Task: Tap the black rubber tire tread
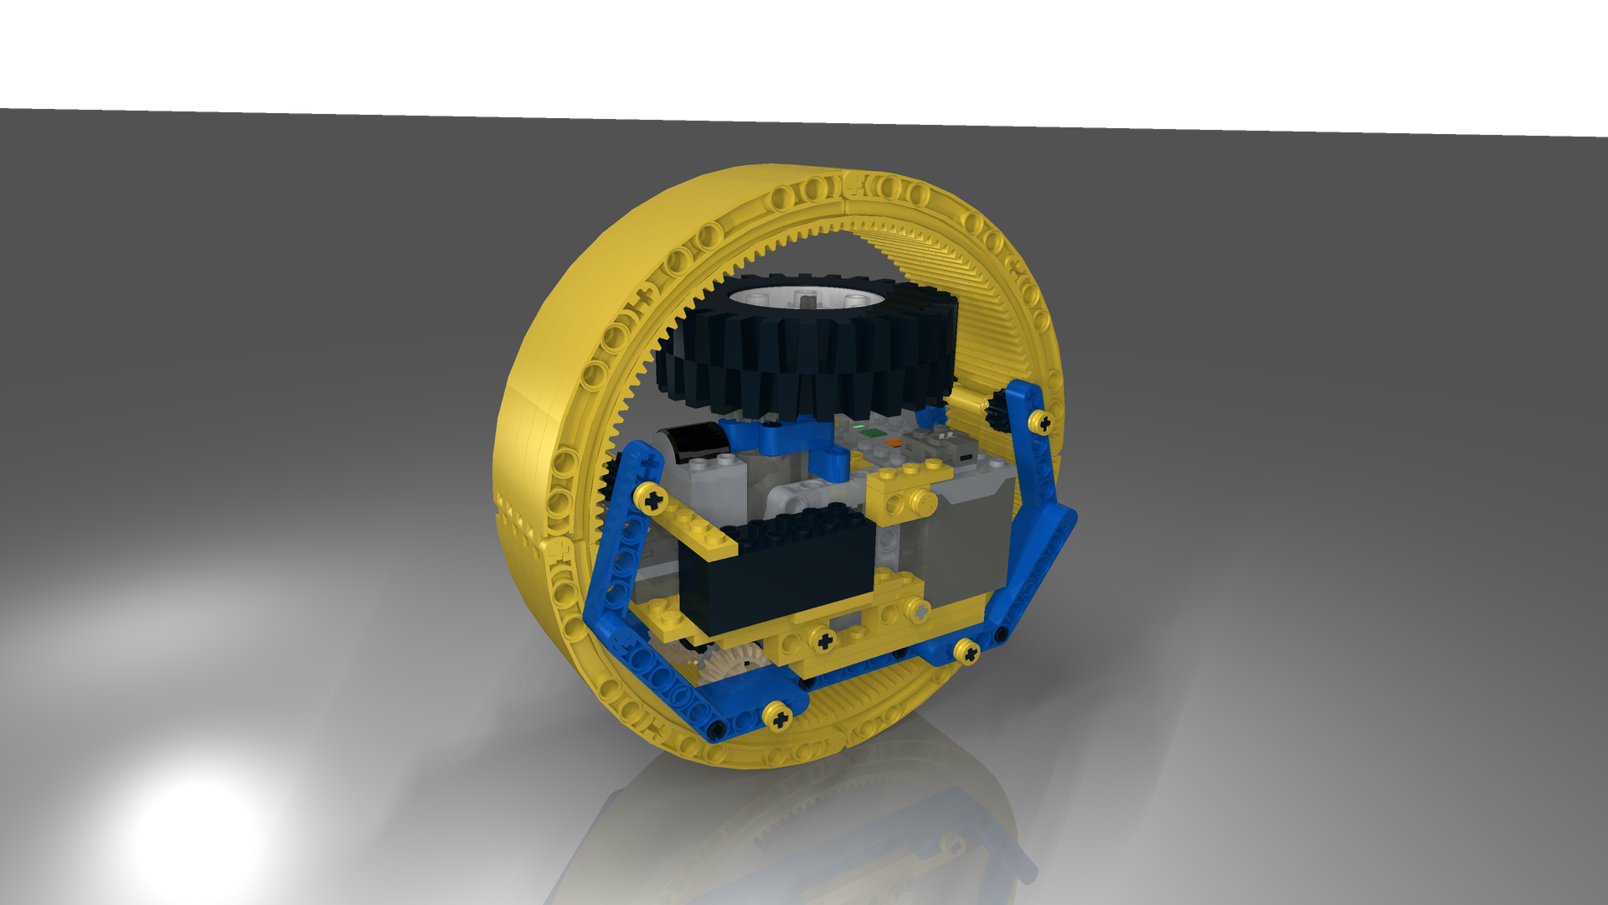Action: pyautogui.click(x=804, y=369)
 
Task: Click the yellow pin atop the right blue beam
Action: pyautogui.click(x=1040, y=421)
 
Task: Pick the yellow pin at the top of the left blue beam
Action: pyautogui.click(x=652, y=500)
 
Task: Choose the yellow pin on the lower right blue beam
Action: pyautogui.click(x=966, y=651)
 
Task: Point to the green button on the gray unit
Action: pyautogui.click(x=872, y=433)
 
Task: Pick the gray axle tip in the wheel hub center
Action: pyautogui.click(x=807, y=297)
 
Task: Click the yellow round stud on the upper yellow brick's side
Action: pyautogui.click(x=925, y=502)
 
